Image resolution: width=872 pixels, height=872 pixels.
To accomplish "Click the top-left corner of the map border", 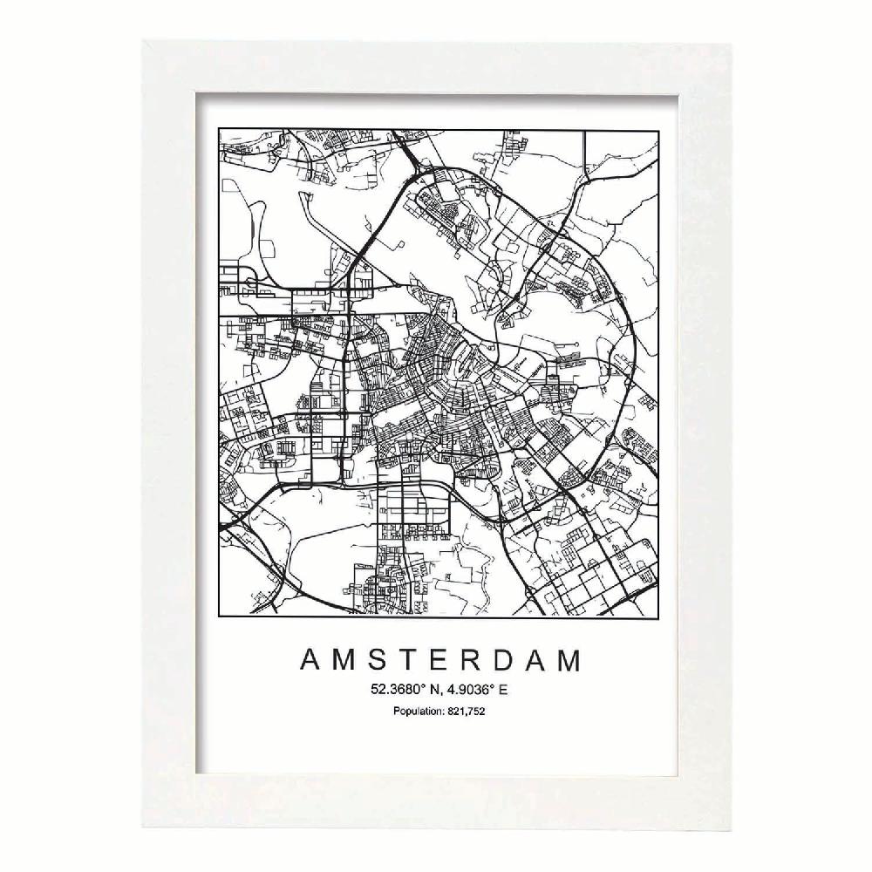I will tap(219, 130).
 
